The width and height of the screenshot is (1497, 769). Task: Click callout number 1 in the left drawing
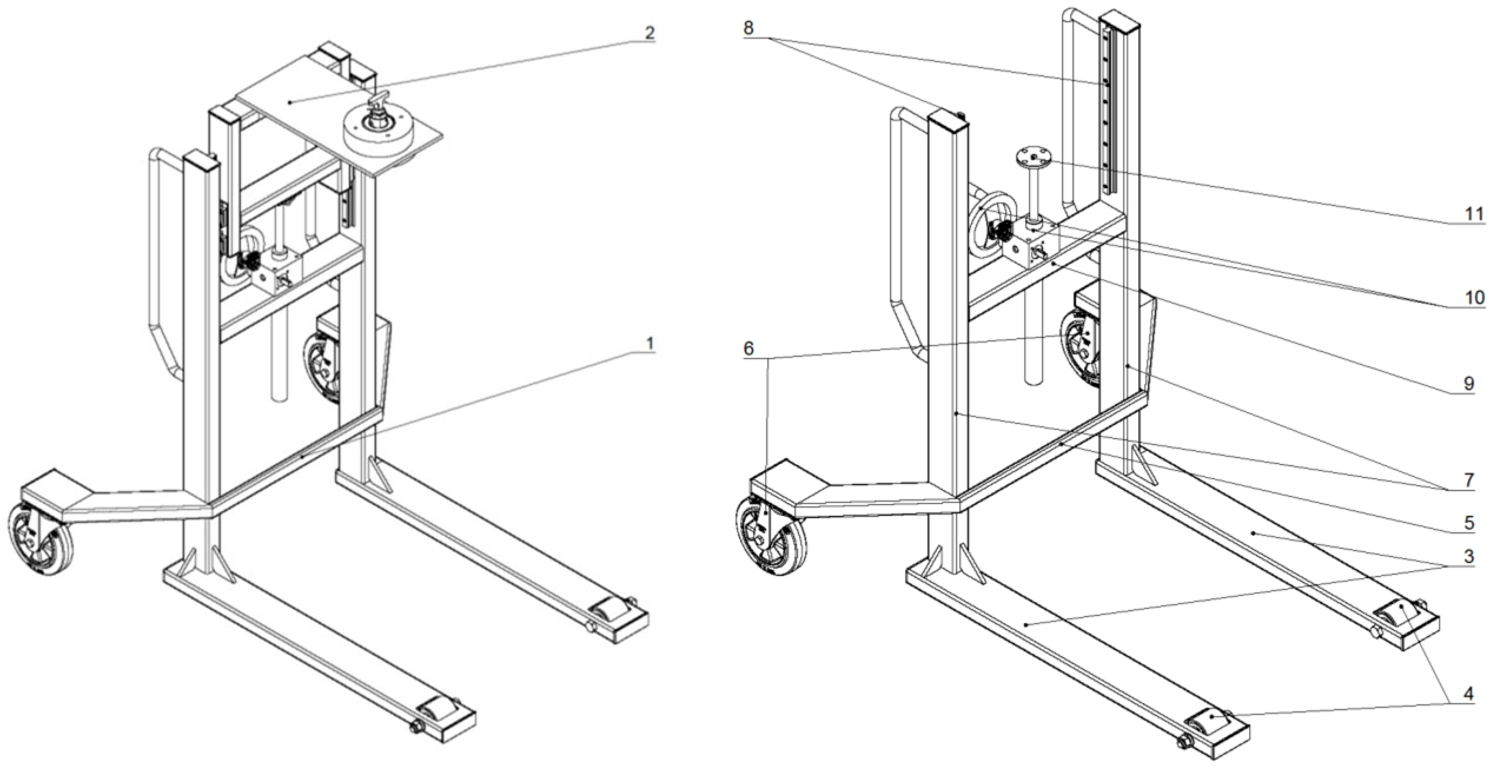(649, 343)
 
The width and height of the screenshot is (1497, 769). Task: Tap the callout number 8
(748, 28)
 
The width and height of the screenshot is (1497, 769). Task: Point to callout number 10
(1474, 297)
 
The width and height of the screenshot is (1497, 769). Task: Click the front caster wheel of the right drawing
(771, 536)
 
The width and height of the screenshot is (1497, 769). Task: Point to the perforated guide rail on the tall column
(1108, 118)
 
